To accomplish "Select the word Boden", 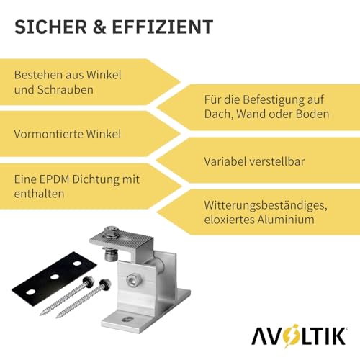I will (311, 114).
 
